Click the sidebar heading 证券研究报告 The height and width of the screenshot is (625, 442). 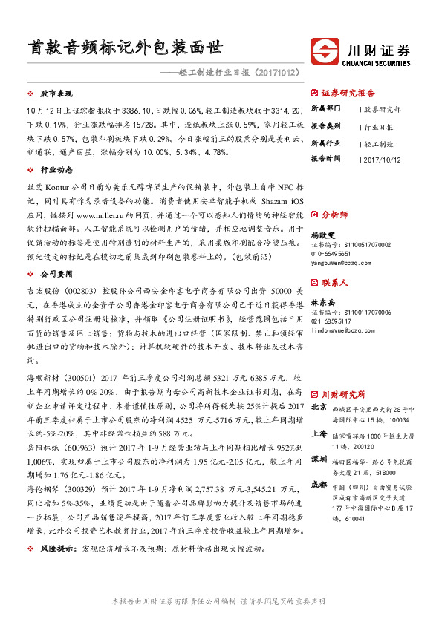[x=348, y=94]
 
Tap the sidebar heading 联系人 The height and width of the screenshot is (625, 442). [x=334, y=283]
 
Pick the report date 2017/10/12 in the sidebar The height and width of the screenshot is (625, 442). [x=384, y=159]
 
